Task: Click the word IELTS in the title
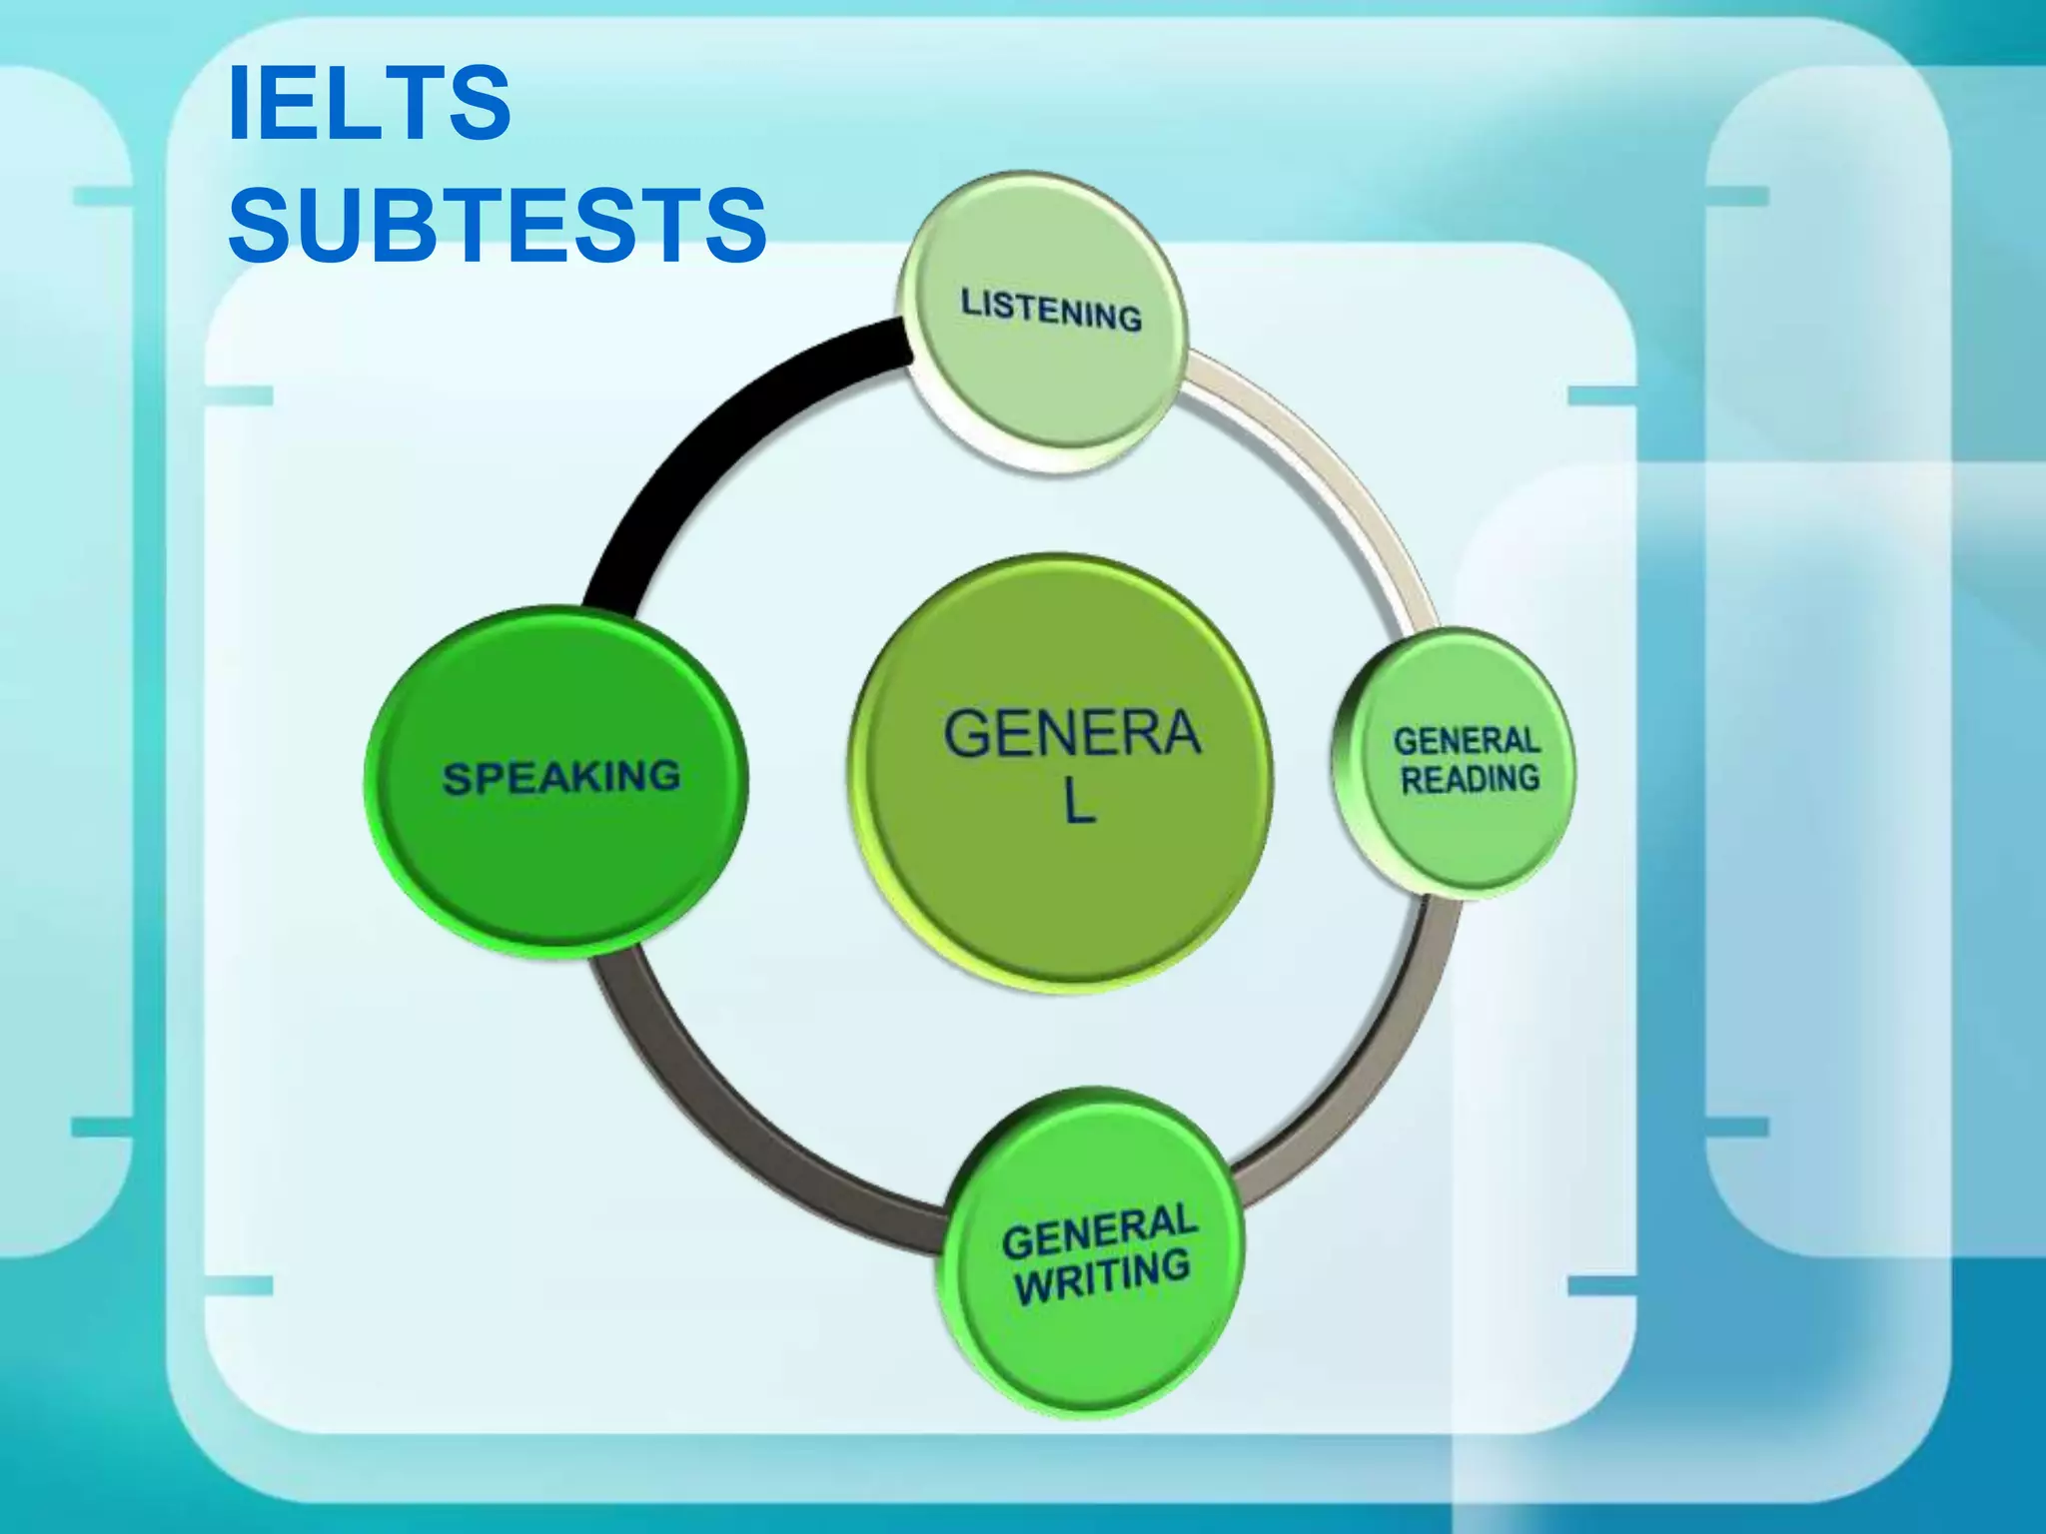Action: (x=370, y=103)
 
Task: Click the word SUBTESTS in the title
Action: (x=497, y=225)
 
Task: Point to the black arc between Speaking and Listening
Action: (x=699, y=449)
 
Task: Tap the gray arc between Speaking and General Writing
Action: (x=719, y=1129)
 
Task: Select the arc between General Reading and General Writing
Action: (x=1399, y=1049)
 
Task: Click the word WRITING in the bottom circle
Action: (x=1102, y=1276)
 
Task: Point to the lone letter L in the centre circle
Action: (x=1078, y=802)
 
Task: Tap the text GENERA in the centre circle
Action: (x=1071, y=734)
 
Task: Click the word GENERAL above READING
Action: (x=1466, y=741)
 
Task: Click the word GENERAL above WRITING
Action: (x=1098, y=1231)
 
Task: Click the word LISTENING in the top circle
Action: (x=1051, y=310)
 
